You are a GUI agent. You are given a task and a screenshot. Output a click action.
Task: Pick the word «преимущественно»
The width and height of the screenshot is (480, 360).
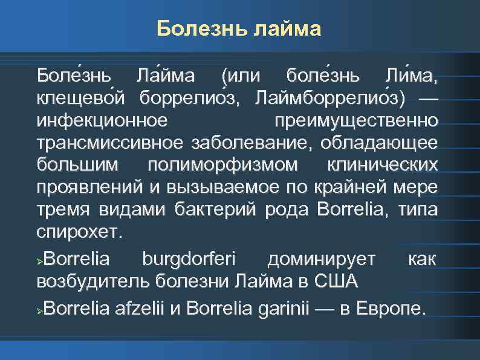pos(355,120)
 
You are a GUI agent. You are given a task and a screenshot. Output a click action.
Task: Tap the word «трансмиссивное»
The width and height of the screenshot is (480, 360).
pos(111,143)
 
